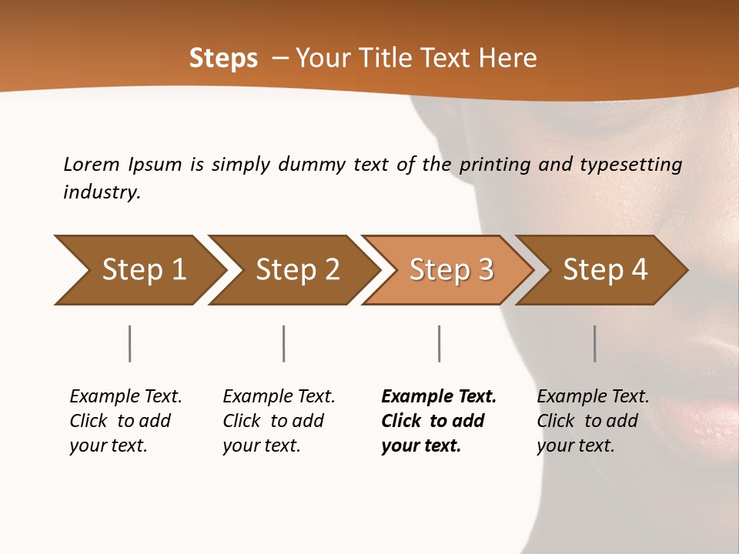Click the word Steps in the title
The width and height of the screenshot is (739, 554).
click(x=223, y=58)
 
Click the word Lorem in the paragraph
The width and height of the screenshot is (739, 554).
click(x=92, y=165)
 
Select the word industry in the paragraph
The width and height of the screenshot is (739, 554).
click(x=101, y=192)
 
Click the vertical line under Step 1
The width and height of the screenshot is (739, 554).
click(x=129, y=343)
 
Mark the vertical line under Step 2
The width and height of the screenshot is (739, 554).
click(x=284, y=343)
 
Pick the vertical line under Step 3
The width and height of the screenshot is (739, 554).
click(x=439, y=343)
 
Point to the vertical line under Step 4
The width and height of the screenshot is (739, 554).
click(x=594, y=343)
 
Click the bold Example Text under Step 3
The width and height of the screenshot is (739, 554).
click(x=439, y=397)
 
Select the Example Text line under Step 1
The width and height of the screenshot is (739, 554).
click(x=125, y=397)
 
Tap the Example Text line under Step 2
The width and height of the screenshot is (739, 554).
click(x=279, y=397)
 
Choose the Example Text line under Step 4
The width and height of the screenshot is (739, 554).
click(x=593, y=397)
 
